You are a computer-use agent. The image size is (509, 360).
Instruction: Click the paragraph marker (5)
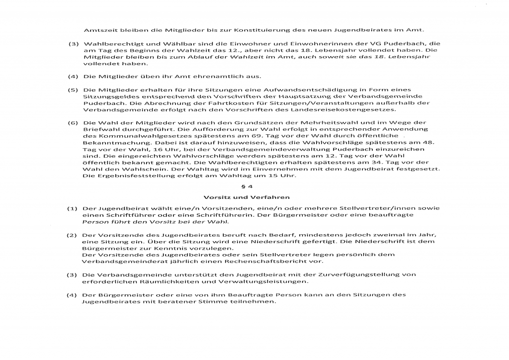pos(74,90)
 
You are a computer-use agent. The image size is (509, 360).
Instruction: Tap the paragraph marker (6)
pos(74,122)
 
